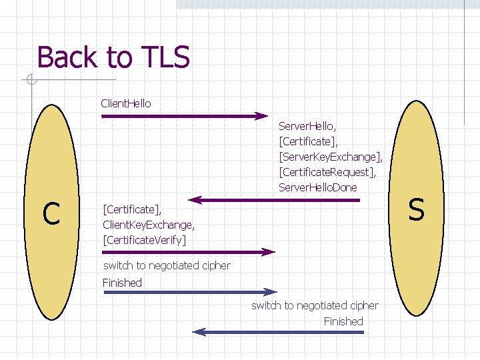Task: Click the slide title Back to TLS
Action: click(113, 57)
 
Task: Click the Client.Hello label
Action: click(126, 103)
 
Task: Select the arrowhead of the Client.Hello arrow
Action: click(261, 116)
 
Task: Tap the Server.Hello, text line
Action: click(307, 125)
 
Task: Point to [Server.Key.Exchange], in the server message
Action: click(331, 157)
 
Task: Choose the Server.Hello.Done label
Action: click(318, 187)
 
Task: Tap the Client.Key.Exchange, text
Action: click(149, 224)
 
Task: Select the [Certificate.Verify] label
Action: click(145, 239)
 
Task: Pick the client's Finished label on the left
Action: click(122, 283)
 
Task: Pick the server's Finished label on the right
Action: click(343, 321)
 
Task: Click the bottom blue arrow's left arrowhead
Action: click(199, 332)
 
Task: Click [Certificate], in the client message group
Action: click(127, 209)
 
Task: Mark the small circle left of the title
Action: click(31, 82)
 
